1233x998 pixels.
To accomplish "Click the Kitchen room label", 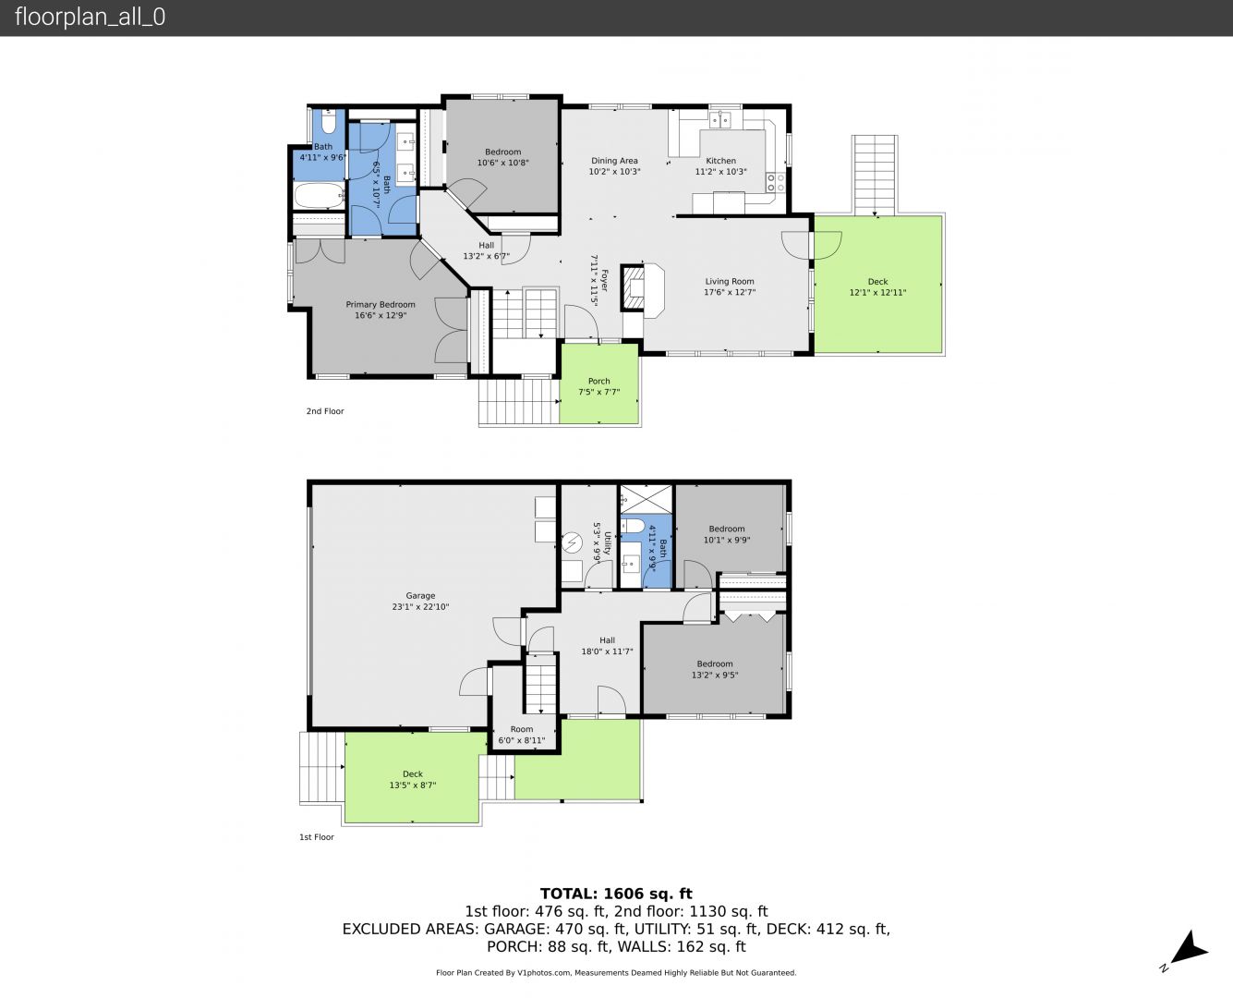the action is tap(720, 161).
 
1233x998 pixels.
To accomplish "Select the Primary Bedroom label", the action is tap(381, 305).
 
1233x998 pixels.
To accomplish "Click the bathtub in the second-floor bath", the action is tap(319, 196).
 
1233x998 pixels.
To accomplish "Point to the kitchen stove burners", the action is tap(776, 182).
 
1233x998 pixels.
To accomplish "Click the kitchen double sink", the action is tap(720, 120).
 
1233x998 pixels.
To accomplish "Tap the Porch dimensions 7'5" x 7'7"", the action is tap(599, 392).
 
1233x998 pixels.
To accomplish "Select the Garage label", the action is tap(420, 595).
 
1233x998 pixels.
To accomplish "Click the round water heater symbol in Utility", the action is tap(572, 542).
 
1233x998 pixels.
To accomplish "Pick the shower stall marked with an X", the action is tap(646, 499).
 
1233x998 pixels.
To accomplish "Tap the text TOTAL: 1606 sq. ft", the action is tap(616, 894).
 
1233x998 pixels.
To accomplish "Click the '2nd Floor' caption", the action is tap(325, 411).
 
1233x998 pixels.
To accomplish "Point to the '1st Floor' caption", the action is tap(317, 837).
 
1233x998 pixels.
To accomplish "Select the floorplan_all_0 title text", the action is tap(90, 17).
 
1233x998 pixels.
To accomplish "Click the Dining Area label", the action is tap(614, 161).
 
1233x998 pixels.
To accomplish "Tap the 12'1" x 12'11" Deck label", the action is tap(877, 293).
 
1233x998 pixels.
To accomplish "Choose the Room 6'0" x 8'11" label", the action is tap(522, 735).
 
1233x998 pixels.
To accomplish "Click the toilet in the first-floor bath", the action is tap(632, 526).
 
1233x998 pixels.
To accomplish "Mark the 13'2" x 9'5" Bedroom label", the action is tap(715, 670).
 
